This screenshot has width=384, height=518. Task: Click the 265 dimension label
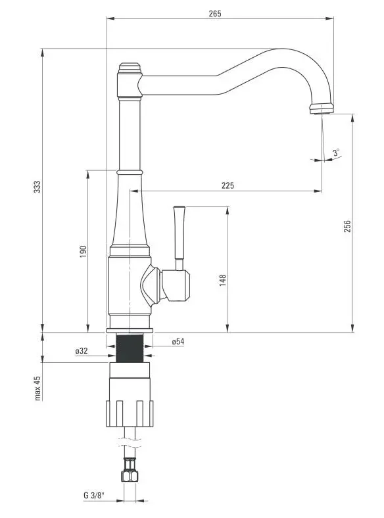point(215,14)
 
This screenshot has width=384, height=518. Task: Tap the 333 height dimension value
point(37,187)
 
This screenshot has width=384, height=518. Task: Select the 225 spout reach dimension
point(228,185)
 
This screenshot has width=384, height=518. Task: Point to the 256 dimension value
point(347,226)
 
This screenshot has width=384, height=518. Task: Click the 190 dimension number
point(83,252)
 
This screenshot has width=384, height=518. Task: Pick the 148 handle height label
point(223,280)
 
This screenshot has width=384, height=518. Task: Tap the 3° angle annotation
point(336,153)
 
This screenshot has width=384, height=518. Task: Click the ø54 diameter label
point(178,342)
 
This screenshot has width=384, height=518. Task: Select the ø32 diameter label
point(82,351)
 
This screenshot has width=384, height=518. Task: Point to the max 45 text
point(37,388)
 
